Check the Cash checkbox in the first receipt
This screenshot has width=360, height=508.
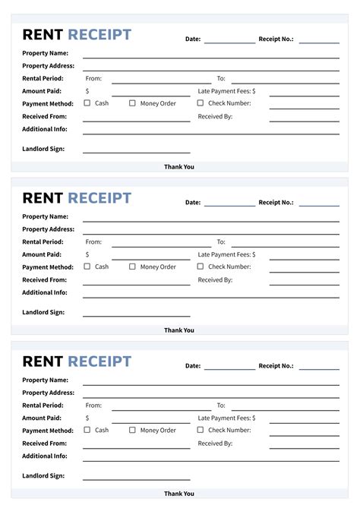pyautogui.click(x=87, y=103)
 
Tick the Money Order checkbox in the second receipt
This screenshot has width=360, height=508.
pyautogui.click(x=132, y=267)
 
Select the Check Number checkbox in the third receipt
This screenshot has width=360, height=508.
pyautogui.click(x=201, y=430)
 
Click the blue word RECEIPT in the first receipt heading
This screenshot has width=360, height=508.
pyautogui.click(x=99, y=34)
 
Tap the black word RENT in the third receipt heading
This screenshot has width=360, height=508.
pyautogui.click(x=43, y=361)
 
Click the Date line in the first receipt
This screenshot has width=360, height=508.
pyautogui.click(x=229, y=42)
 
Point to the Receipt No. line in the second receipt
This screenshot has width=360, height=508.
pyautogui.click(x=319, y=205)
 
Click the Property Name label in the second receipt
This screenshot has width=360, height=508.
pyautogui.click(x=46, y=216)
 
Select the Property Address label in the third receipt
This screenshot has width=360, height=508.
pyautogui.click(x=49, y=393)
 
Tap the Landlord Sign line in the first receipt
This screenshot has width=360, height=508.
pyautogui.click(x=137, y=152)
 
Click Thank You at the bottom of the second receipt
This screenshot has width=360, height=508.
pyautogui.click(x=179, y=330)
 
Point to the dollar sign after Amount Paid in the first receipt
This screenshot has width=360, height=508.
pyautogui.click(x=87, y=90)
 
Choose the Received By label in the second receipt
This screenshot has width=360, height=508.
pyautogui.click(x=215, y=279)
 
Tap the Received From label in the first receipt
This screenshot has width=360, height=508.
pyautogui.click(x=45, y=116)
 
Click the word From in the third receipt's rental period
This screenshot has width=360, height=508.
pyautogui.click(x=93, y=405)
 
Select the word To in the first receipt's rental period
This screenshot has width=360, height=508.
pyautogui.click(x=221, y=78)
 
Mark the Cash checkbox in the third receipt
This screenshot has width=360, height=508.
pyautogui.click(x=87, y=430)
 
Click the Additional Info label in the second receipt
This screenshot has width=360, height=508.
pyautogui.click(x=45, y=292)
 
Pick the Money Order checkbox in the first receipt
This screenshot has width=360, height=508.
pyautogui.click(x=132, y=103)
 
